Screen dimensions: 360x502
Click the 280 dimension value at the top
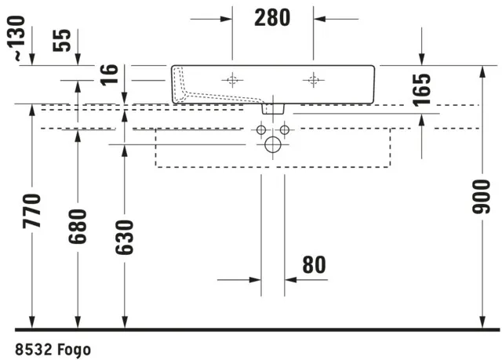click(x=272, y=17)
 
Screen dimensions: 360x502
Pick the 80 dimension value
click(x=313, y=266)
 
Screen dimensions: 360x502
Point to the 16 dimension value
click(x=111, y=75)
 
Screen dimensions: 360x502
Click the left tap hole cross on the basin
click(x=232, y=79)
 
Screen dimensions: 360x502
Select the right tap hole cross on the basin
click(x=314, y=79)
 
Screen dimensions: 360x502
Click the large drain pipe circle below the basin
click(x=272, y=144)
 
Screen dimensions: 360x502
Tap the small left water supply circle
click(x=260, y=129)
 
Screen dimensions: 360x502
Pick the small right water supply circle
click(x=284, y=129)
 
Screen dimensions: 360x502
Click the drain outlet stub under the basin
click(x=272, y=109)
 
